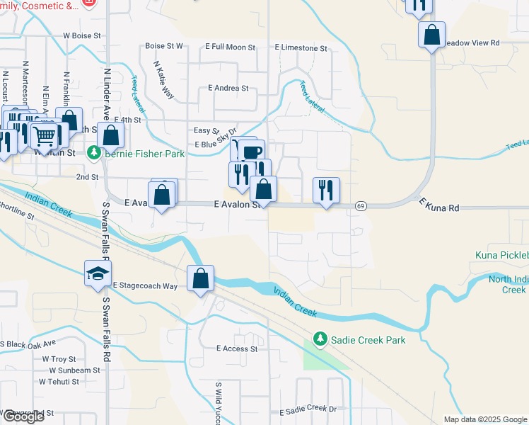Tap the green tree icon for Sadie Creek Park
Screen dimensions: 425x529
(320, 340)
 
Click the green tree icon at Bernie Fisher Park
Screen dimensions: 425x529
(93, 153)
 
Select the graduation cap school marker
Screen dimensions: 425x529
(97, 275)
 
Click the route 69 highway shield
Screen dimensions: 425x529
(360, 205)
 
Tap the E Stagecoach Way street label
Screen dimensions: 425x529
(144, 285)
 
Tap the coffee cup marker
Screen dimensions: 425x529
(250, 152)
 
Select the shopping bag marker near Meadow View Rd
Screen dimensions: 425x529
(431, 35)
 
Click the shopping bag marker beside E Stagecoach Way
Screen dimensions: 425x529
(201, 278)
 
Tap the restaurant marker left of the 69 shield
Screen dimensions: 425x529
(326, 190)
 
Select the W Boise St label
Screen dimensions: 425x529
(83, 35)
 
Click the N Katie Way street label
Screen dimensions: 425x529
(164, 79)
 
